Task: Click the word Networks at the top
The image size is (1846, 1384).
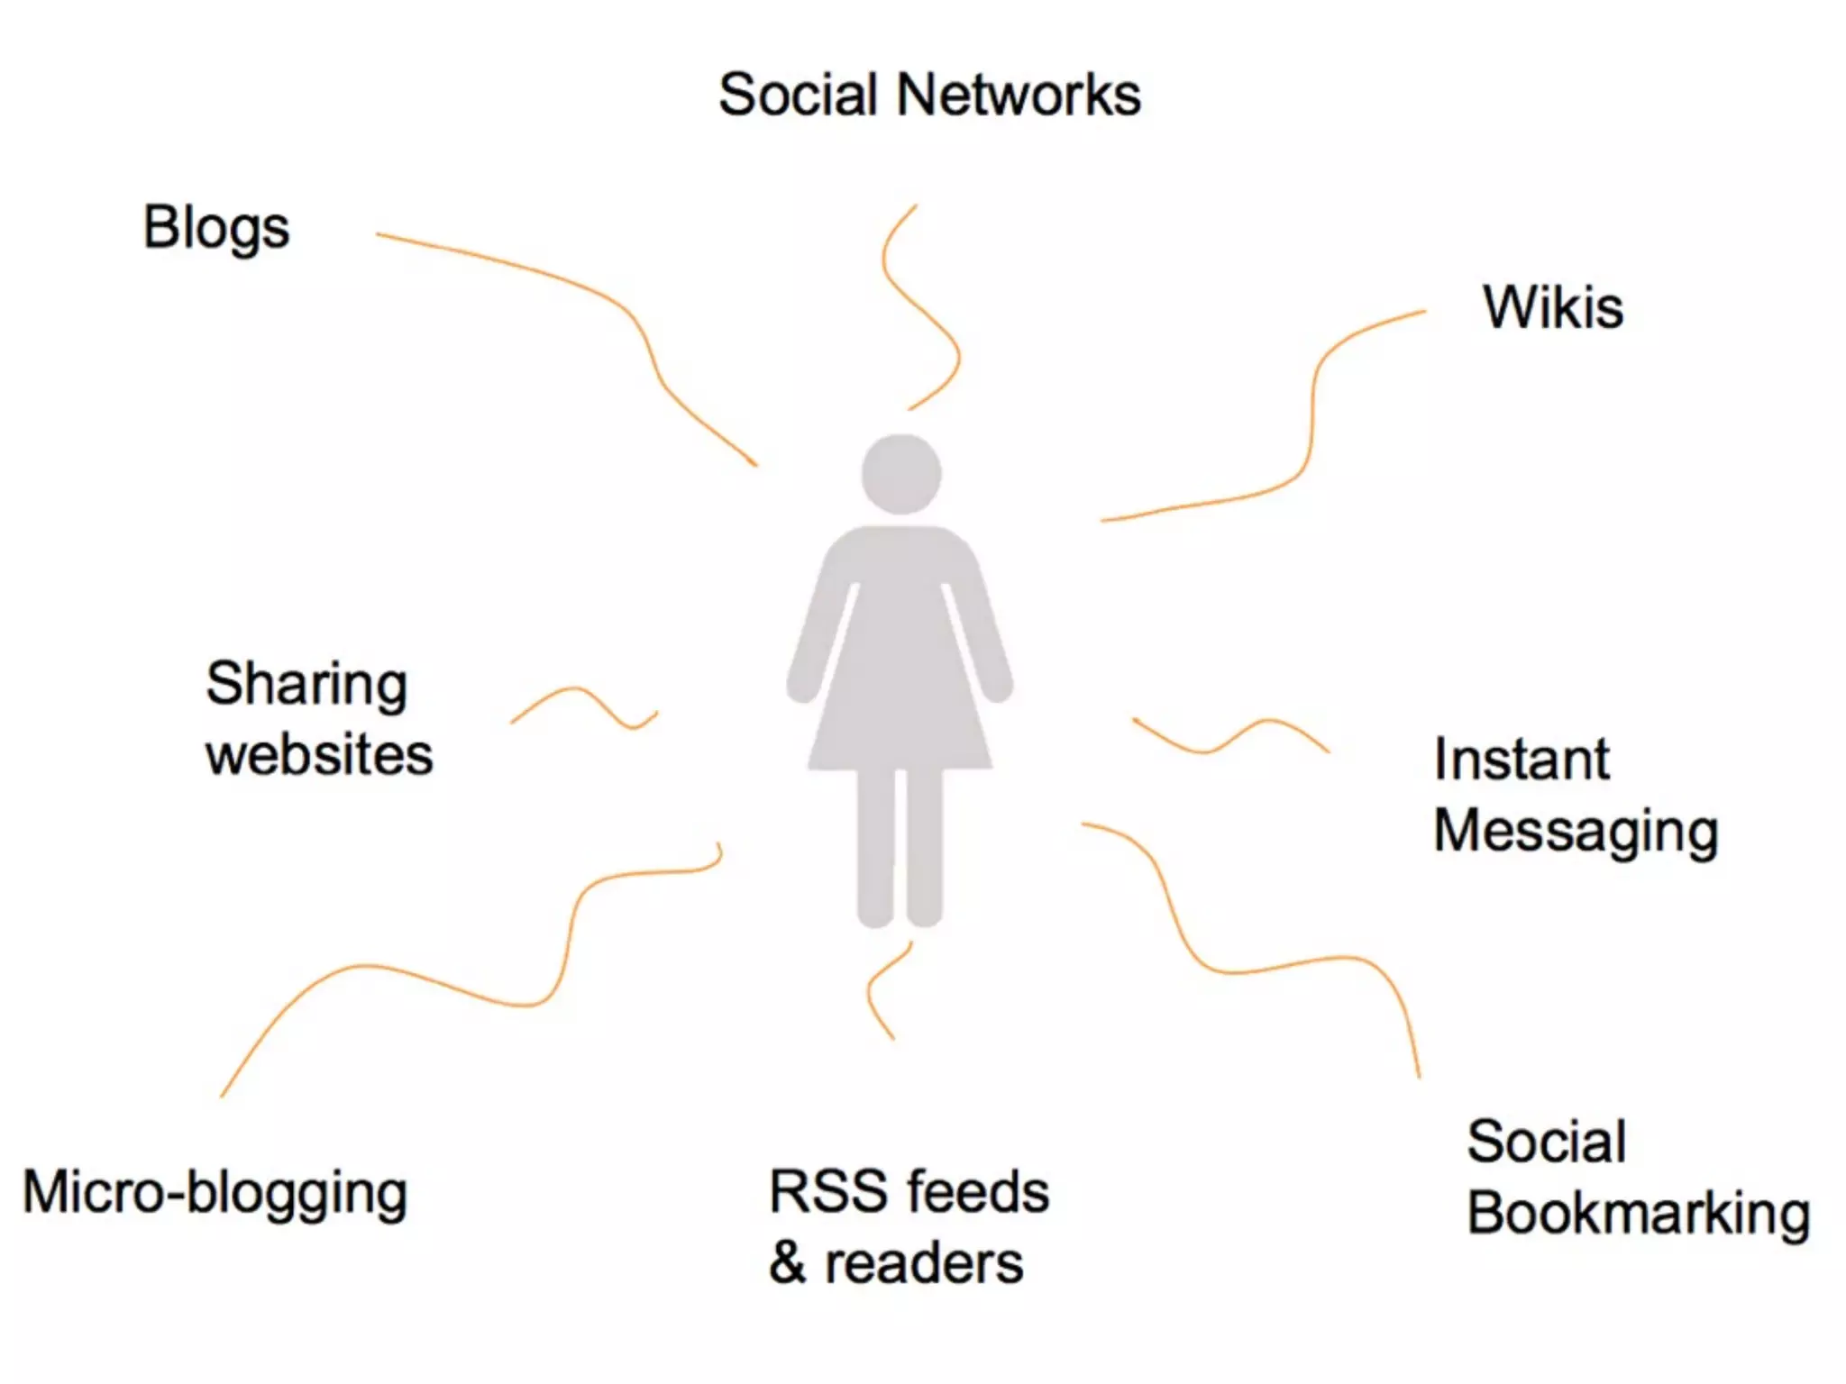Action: [1019, 95]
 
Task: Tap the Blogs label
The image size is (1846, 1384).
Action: [216, 228]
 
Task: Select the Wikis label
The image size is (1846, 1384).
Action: [1553, 308]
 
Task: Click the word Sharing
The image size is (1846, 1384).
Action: [306, 685]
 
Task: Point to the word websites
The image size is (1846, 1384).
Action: [319, 754]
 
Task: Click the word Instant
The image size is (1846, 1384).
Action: [1522, 760]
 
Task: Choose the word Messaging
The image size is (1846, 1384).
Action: [1576, 831]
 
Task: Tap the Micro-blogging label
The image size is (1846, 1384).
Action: [215, 1193]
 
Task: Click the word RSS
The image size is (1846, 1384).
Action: [827, 1191]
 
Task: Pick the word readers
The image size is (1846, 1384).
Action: [924, 1263]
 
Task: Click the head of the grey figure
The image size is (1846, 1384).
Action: [901, 474]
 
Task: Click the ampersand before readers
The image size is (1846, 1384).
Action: [787, 1263]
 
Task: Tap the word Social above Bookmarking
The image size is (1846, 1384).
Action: [1547, 1143]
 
